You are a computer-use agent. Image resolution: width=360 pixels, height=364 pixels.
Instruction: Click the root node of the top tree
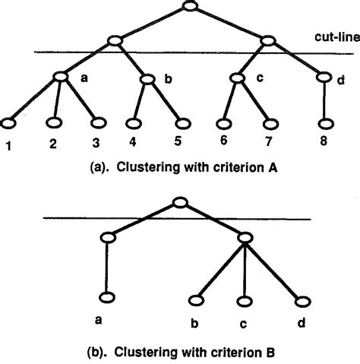190,8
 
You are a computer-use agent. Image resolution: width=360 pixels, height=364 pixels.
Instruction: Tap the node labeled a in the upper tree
61,76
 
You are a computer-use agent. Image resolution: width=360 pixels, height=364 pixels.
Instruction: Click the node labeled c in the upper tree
238,77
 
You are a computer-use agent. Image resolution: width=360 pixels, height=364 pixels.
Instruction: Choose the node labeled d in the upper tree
324,77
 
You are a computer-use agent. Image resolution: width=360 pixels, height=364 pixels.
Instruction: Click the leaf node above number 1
11,122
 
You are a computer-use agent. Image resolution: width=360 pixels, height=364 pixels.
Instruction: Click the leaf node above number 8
325,122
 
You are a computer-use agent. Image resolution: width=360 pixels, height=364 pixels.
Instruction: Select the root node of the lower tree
178,203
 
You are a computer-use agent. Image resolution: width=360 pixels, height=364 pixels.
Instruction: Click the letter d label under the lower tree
302,321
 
